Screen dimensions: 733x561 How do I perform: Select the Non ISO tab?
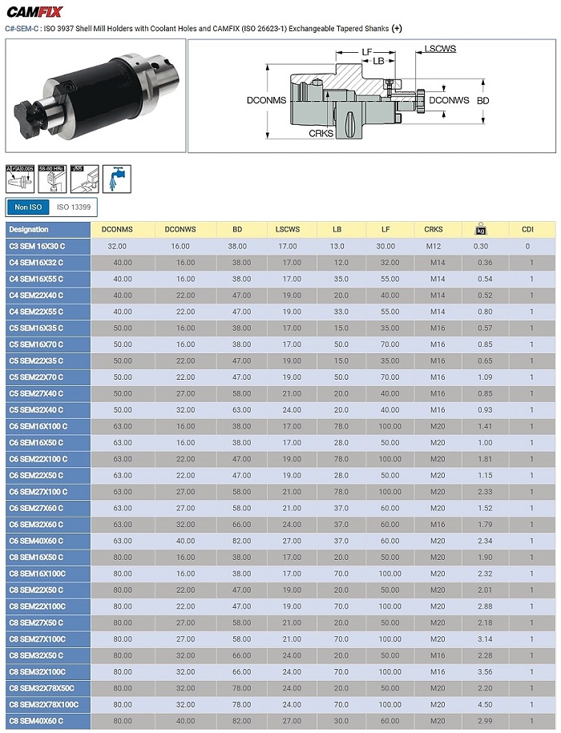point(28,207)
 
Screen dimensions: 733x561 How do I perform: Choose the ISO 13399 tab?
point(73,207)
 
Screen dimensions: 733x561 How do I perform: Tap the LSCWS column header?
point(288,229)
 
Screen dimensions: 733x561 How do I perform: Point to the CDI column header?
point(527,229)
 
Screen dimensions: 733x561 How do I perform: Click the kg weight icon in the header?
point(481,230)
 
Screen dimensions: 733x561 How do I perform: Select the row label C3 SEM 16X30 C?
point(37,246)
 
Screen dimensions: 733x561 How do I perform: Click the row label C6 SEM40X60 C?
point(37,541)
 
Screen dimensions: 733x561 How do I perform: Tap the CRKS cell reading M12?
point(437,246)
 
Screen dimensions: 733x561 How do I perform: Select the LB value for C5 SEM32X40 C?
point(338,410)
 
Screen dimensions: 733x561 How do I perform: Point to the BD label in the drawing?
point(482,102)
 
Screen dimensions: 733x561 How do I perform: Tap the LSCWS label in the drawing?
point(440,49)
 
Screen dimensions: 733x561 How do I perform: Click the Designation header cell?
point(29,229)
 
